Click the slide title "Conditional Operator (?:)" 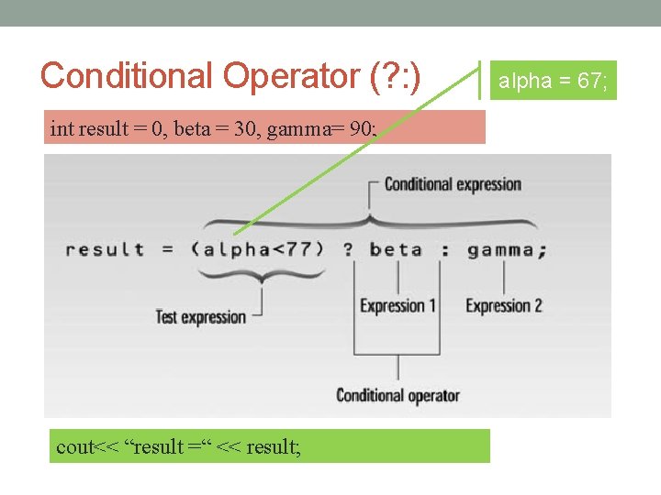(230, 75)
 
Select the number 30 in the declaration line (247, 129)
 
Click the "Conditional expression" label (453, 184)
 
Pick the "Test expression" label (201, 317)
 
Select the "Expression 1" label (398, 306)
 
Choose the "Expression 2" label (504, 306)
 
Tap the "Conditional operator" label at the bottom (398, 396)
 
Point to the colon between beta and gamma (444, 249)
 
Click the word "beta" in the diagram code (396, 249)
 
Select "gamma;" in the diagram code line (506, 249)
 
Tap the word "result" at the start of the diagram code (105, 249)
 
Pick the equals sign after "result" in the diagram (168, 249)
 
